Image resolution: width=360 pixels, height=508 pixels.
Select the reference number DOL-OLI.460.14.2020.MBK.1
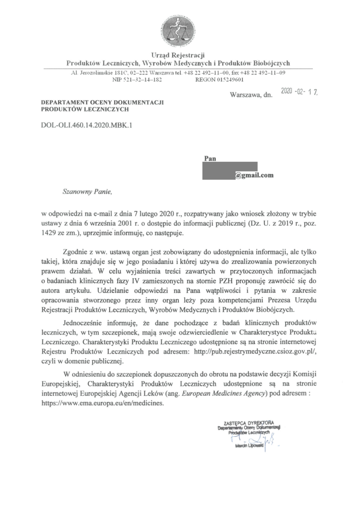[x=87, y=126]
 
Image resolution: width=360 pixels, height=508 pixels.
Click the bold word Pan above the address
[x=210, y=158]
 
